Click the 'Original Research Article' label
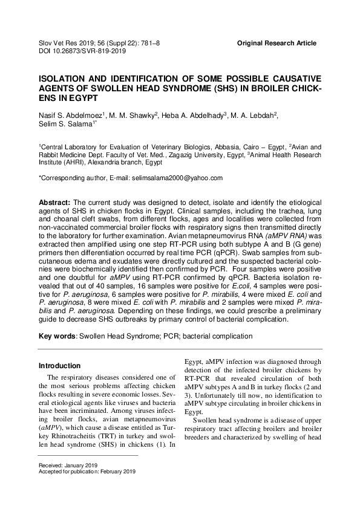click(277, 44)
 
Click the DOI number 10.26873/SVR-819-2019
click(91, 52)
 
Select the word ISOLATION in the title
click(65, 79)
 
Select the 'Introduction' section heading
click(59, 366)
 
